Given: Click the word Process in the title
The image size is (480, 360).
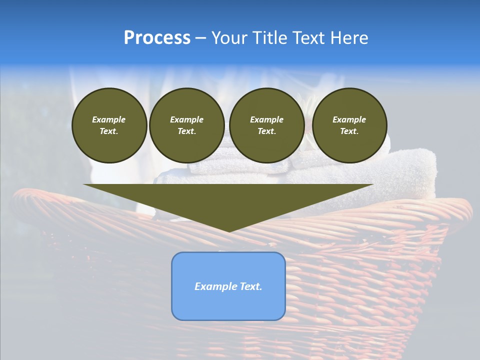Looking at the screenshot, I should coord(157,38).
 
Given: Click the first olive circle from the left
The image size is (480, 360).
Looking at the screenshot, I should coord(109,125).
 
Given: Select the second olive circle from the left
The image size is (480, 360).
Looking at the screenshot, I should coord(187,125).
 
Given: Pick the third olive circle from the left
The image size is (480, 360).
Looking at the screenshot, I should coord(267,125).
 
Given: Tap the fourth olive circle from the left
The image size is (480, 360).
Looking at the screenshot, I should coord(349,125).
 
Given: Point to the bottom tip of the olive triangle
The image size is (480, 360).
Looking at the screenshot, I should coord(229,231).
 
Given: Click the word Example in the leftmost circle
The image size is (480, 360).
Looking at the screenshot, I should coord(109,119).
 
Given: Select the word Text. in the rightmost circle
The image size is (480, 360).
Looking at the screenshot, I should coord(349,131).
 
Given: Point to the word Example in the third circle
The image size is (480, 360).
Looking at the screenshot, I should coord(267,119).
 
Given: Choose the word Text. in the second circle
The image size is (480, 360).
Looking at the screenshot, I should coord(187,131).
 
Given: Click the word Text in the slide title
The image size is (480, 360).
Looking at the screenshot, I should coord(308,38).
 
